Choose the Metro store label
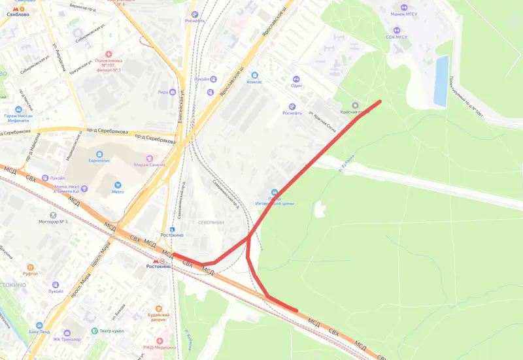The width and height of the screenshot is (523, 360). pos(118,192)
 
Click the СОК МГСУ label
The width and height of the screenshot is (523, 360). pos(397,37)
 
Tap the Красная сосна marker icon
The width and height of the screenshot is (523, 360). pos(355,105)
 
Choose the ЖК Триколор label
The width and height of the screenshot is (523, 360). pos(67,340)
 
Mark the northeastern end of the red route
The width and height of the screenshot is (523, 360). pos(380,102)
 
